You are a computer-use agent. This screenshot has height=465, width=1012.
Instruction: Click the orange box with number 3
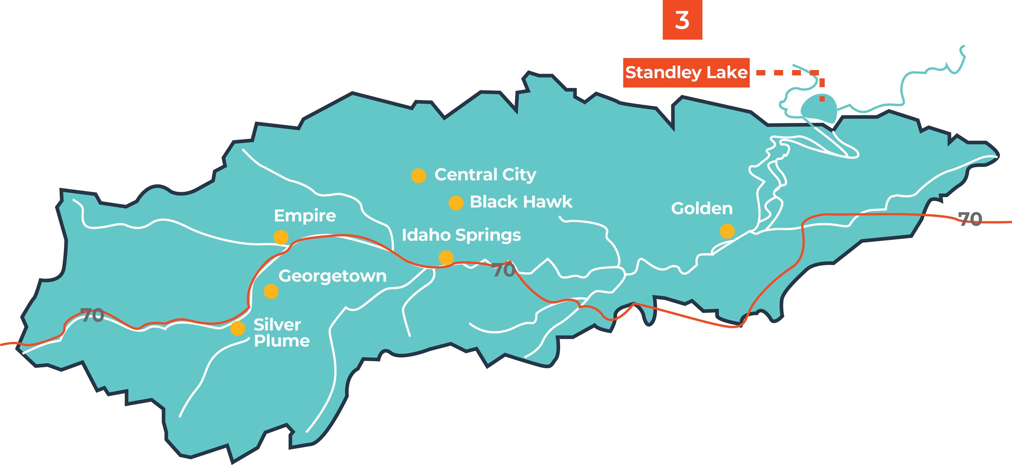(x=682, y=19)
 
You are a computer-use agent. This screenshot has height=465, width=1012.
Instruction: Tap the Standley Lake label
(x=686, y=73)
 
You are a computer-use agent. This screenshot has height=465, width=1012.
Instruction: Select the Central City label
(x=485, y=175)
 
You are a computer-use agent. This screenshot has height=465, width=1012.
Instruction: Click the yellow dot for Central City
(x=418, y=175)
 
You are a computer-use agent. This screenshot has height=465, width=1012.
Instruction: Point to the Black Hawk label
(x=521, y=202)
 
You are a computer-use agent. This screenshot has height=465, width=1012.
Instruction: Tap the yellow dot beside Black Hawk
(x=456, y=203)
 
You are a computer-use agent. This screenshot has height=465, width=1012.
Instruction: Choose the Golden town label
(x=702, y=209)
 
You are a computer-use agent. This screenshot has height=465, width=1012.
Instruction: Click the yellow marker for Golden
(x=727, y=231)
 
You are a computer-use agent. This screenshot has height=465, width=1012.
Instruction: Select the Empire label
(x=305, y=216)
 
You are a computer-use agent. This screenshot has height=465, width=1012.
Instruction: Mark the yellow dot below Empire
(x=281, y=237)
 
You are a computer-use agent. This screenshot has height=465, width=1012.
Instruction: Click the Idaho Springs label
(x=461, y=235)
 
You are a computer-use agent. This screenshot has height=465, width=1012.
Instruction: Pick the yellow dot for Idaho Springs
(x=446, y=257)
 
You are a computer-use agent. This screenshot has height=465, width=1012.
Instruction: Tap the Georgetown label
(x=332, y=276)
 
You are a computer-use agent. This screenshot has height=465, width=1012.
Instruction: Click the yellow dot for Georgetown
(x=271, y=291)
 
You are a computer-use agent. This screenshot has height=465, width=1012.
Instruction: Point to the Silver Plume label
(x=281, y=333)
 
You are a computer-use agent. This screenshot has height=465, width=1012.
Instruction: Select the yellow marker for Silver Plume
(x=238, y=328)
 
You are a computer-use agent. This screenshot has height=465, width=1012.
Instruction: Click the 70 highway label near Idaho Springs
(x=503, y=270)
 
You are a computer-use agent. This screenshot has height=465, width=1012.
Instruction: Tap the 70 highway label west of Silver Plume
(x=92, y=315)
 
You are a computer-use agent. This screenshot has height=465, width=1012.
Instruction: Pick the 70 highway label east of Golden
(x=970, y=219)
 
